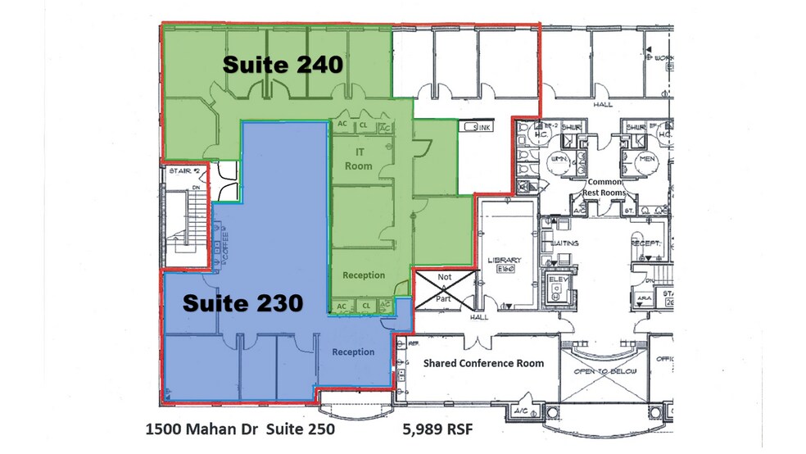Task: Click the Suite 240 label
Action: [x=283, y=65]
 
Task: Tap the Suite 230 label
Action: [x=242, y=302]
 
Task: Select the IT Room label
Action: [x=359, y=160]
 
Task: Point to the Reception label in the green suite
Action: [x=364, y=275]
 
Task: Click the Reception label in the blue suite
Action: [x=353, y=352]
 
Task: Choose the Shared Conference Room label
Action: [x=482, y=363]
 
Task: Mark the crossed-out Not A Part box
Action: [x=444, y=288]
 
